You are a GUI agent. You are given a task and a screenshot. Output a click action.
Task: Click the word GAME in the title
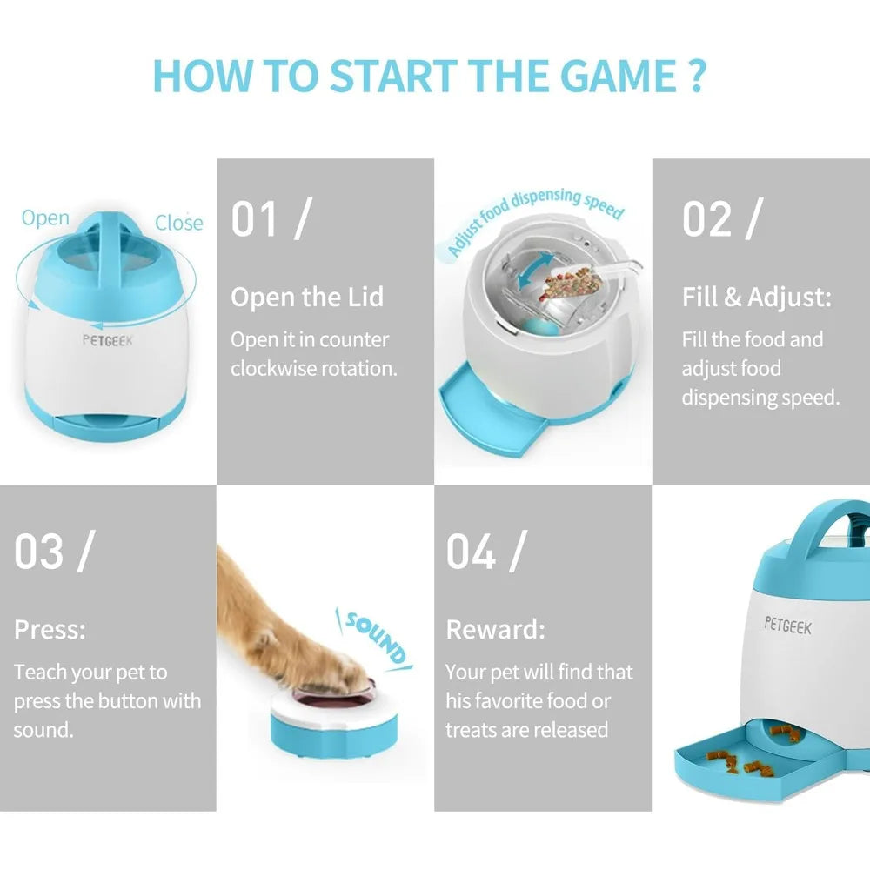coord(619,76)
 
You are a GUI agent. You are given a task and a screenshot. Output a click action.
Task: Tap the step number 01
coord(253,219)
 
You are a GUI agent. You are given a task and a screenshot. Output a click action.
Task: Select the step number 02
coord(706,219)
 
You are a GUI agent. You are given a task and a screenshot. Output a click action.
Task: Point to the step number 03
coord(39,552)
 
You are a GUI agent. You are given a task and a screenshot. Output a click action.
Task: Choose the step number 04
coord(471,552)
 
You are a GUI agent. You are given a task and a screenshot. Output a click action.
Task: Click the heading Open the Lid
coord(307,297)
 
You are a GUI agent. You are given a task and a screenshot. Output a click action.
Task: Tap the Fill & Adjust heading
coord(757,297)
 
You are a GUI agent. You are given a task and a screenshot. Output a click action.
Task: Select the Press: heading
coord(50,629)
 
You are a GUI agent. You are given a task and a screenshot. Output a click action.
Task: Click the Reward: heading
coord(496,629)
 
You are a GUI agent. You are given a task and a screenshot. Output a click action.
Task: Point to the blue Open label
coord(45,218)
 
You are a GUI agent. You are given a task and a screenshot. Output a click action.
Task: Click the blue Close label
coord(178,223)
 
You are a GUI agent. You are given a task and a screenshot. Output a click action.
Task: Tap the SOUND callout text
coord(376,638)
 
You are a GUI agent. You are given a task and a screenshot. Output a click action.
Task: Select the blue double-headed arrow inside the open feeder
coord(535,271)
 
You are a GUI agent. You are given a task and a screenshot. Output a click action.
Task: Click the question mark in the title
coord(697,76)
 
